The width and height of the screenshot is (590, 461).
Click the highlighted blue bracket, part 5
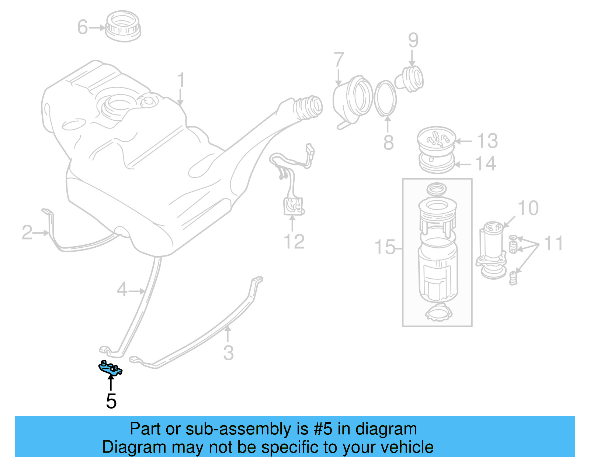tap(110, 368)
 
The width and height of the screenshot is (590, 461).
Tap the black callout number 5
tap(111, 401)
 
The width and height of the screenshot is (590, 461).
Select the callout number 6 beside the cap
tap(83, 27)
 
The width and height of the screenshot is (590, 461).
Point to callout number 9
tap(413, 40)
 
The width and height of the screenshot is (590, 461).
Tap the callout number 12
tap(294, 242)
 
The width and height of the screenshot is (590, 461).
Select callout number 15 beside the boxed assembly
tap(385, 247)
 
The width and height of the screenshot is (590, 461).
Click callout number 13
tap(487, 141)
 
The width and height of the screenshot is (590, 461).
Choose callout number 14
tap(486, 164)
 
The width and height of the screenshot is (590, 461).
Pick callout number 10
tap(528, 208)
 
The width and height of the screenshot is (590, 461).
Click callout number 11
tap(553, 244)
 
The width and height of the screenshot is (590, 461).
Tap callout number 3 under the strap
tap(228, 353)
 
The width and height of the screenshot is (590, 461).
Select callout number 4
tap(122, 290)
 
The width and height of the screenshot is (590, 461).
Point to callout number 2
tap(27, 233)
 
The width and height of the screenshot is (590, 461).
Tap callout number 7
tap(339, 60)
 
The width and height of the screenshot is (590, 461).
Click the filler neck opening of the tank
tap(309, 107)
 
